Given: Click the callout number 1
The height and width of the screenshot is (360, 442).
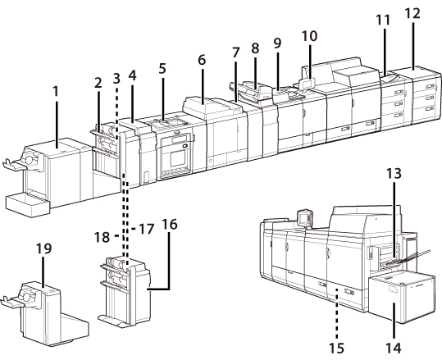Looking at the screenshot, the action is pyautogui.click(x=56, y=91).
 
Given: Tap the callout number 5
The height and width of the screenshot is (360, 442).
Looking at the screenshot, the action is pyautogui.click(x=162, y=69).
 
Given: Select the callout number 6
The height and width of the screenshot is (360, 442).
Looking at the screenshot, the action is pyautogui.click(x=202, y=60).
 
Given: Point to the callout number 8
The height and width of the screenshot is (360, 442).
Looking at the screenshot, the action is pyautogui.click(x=255, y=48).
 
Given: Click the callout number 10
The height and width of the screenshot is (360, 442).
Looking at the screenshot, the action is pyautogui.click(x=309, y=36).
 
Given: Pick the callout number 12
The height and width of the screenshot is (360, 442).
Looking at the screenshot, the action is pyautogui.click(x=412, y=13).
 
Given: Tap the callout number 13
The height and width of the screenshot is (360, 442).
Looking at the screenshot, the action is pyautogui.click(x=394, y=173).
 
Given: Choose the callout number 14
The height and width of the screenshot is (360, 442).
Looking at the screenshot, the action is pyautogui.click(x=394, y=349).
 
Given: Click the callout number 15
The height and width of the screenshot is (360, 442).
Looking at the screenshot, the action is pyautogui.click(x=337, y=349).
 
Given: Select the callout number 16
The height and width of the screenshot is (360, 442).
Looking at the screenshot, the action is pyautogui.click(x=170, y=225).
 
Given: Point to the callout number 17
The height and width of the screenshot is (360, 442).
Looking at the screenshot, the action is pyautogui.click(x=147, y=229).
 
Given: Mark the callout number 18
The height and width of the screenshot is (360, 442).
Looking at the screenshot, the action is pyautogui.click(x=102, y=237).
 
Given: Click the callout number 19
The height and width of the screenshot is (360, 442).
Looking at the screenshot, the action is pyautogui.click(x=44, y=248).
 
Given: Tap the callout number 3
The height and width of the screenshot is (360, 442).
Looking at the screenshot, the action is pyautogui.click(x=116, y=79).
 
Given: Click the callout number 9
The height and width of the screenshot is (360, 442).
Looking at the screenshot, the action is pyautogui.click(x=277, y=43).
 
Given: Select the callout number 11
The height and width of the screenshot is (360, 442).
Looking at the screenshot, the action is pyautogui.click(x=383, y=20).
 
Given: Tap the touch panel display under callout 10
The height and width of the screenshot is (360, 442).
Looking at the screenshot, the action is pyautogui.click(x=307, y=84).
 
